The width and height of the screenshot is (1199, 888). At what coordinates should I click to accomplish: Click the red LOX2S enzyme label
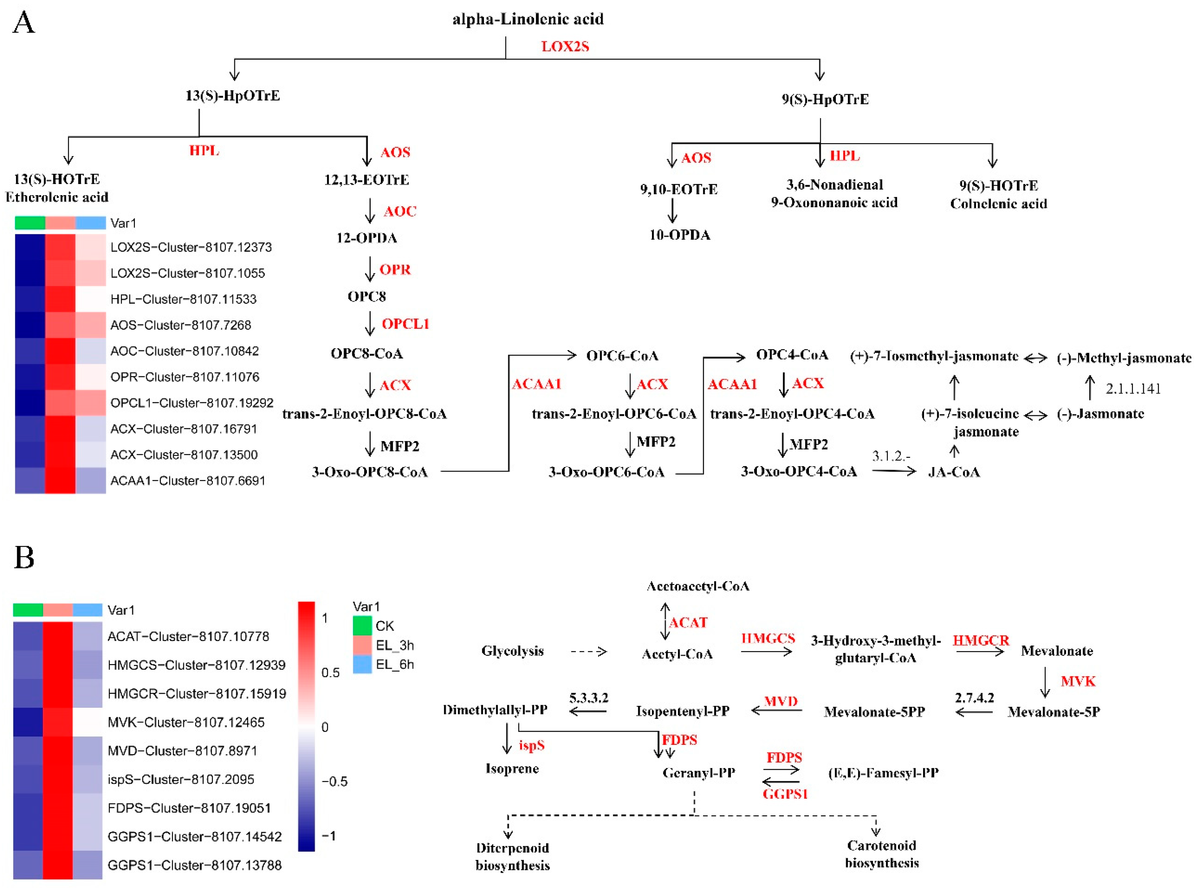(565, 46)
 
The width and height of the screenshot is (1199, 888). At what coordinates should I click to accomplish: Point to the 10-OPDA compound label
(679, 235)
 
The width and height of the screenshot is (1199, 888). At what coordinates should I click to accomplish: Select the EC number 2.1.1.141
(1133, 389)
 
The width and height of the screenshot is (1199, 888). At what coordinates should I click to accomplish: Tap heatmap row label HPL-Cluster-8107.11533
(183, 299)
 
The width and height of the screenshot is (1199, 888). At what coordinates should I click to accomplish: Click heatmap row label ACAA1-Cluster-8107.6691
(188, 480)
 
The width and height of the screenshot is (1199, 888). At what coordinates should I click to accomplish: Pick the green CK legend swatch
(362, 625)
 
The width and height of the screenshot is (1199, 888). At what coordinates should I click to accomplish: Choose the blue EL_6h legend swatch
(362, 665)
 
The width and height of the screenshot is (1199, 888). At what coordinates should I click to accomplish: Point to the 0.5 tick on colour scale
(330, 673)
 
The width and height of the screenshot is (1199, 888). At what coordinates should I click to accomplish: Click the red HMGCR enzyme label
(981, 640)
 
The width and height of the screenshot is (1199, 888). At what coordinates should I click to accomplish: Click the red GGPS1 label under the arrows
(785, 793)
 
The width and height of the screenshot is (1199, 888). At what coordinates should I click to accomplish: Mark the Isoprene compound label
(512, 768)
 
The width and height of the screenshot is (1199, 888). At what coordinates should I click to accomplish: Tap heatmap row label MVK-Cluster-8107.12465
(186, 722)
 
